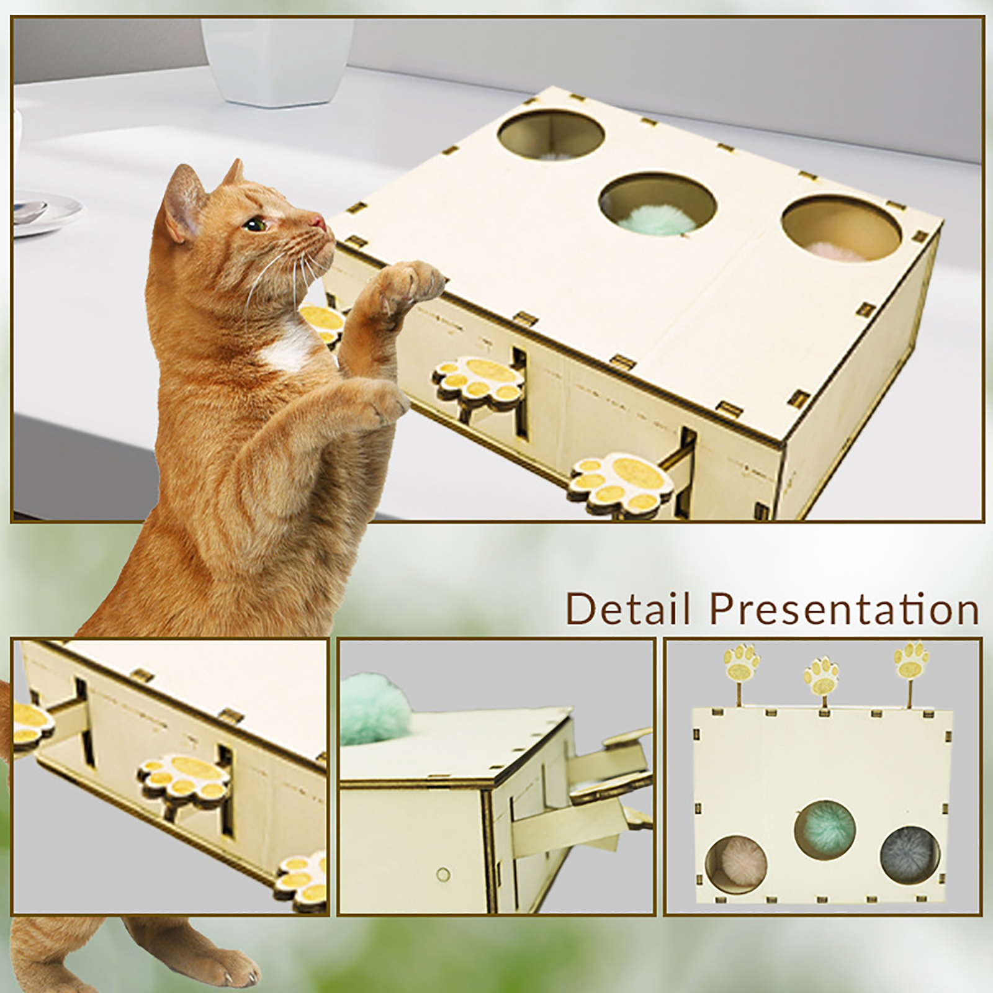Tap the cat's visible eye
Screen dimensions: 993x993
click(252, 224)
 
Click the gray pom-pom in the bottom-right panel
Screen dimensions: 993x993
click(910, 854)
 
